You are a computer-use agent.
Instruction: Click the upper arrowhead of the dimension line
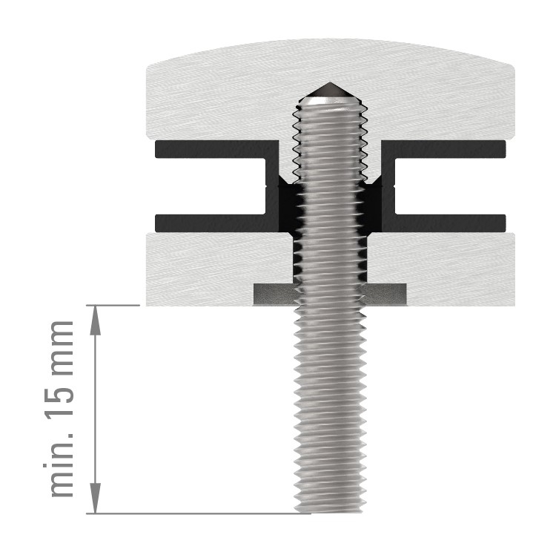point(95,316)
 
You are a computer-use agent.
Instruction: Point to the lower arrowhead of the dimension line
point(95,502)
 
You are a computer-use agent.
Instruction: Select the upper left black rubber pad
point(215,148)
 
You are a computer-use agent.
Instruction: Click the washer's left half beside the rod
point(274,294)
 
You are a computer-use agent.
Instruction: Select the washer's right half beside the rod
point(385,294)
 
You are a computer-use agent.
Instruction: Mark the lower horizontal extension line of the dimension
point(193,513)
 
